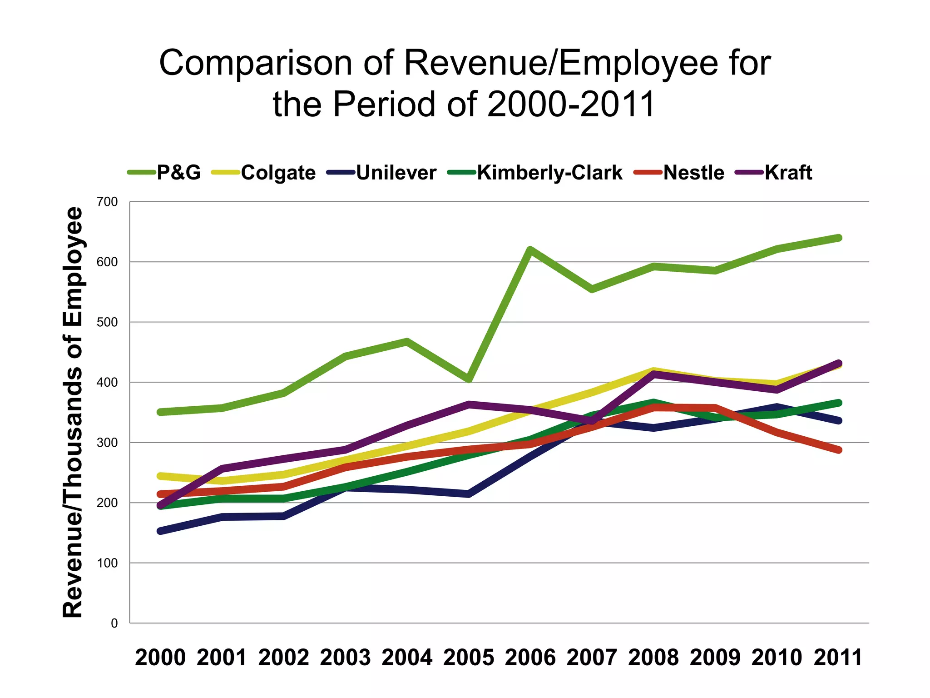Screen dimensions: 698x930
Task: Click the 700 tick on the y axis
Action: coord(107,202)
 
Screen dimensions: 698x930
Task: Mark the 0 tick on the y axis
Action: coord(114,623)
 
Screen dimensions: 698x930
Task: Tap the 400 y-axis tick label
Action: coord(107,382)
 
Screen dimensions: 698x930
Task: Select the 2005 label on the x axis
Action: coord(469,658)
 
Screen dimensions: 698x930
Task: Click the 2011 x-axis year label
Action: coord(838,658)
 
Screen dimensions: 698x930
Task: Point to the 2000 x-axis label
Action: coord(160,658)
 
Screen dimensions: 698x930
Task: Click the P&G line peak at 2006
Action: coord(530,249)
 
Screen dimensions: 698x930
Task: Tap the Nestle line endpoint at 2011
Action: coord(838,450)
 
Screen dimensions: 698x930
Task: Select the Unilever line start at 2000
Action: coord(160,531)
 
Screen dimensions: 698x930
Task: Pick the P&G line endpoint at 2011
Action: coord(838,238)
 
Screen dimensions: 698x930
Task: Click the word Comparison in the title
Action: coord(255,63)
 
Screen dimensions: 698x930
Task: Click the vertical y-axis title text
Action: coord(73,412)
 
